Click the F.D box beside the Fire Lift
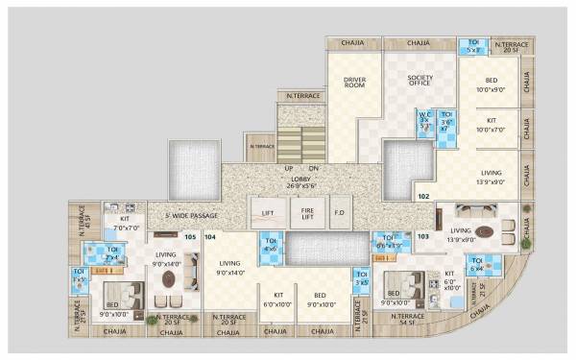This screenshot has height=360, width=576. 339,210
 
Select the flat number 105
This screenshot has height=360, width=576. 190,236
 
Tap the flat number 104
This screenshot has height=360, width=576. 210,236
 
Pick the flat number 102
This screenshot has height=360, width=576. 422,196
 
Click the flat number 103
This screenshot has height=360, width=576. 422,235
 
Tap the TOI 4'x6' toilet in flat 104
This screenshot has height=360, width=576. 271,246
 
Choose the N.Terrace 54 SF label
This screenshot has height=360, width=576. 409,320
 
